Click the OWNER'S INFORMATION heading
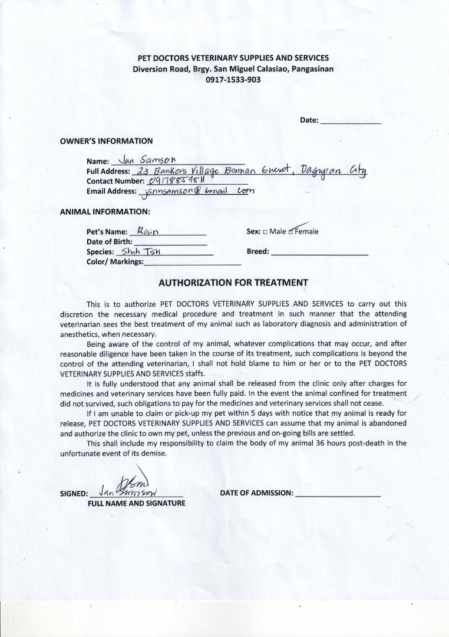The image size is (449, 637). coord(106,141)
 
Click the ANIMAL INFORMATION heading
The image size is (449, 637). coord(105,211)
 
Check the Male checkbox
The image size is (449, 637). coord(265,232)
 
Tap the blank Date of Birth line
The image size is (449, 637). coord(170,242)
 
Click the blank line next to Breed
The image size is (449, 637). coord(319,252)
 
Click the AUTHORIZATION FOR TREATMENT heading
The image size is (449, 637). coord(233,283)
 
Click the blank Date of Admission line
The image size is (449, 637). coord(338,493)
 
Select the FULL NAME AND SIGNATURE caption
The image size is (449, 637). coord(137,504)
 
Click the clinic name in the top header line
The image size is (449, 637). coord(233,58)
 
